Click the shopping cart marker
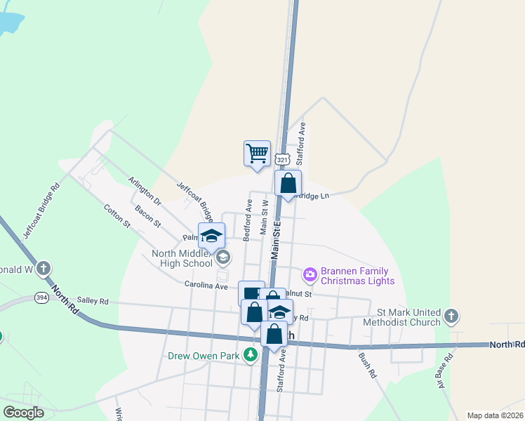[x=258, y=153]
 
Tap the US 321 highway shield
[x=282, y=160]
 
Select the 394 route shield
[x=41, y=298]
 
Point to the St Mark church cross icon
[x=451, y=316]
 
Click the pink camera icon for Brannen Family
[x=310, y=272]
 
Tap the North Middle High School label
[x=181, y=258]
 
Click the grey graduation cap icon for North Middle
[x=222, y=258]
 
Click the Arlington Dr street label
[x=145, y=191]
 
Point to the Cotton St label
[x=117, y=215]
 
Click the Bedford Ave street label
[x=248, y=220]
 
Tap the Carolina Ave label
[x=206, y=286]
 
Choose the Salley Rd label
[x=93, y=301]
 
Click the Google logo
[x=24, y=412]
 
